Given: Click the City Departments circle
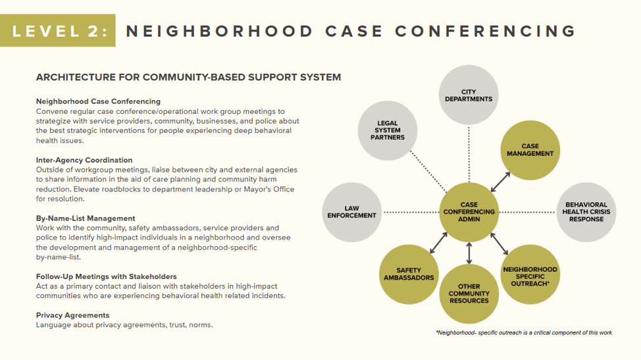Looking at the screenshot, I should [x=469, y=95].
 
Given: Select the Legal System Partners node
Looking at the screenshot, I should [x=388, y=130].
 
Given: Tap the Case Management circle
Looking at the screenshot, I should [x=530, y=150].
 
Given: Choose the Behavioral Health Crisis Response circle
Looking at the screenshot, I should [x=586, y=212].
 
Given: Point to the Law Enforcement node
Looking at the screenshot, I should [x=352, y=212].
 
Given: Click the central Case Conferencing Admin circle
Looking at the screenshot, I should [x=469, y=212].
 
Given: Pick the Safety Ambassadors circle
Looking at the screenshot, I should [x=409, y=274].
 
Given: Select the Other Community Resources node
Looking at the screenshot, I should [x=469, y=294].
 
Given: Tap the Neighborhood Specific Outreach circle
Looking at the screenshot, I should [x=530, y=274].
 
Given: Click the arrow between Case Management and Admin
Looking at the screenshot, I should [x=500, y=182].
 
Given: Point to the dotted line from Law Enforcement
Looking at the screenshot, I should [x=411, y=212].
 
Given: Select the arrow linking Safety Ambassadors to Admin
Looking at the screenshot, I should [x=438, y=243].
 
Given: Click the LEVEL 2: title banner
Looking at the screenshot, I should [x=58, y=30].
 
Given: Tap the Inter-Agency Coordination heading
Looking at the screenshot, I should [x=84, y=160].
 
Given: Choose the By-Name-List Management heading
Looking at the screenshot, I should [x=86, y=219].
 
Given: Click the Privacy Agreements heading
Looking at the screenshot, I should [x=72, y=315].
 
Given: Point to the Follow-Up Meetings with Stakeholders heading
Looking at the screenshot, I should [x=106, y=276].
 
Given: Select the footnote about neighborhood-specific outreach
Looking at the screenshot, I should [x=524, y=332].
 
